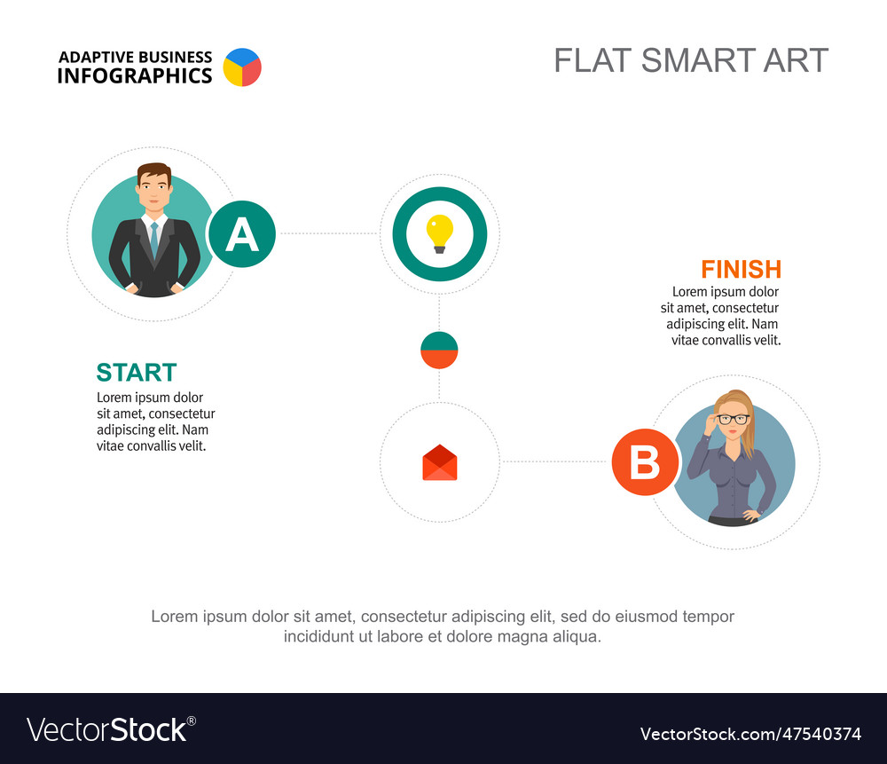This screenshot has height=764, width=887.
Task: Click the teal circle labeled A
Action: tap(241, 235)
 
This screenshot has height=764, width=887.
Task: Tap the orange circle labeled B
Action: tap(645, 462)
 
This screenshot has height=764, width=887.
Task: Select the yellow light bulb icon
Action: tap(440, 233)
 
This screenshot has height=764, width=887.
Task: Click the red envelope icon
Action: tap(440, 463)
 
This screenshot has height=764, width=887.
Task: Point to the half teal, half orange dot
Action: tap(439, 350)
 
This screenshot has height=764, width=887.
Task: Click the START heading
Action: tap(137, 373)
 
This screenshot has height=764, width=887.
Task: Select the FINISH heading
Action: tap(741, 269)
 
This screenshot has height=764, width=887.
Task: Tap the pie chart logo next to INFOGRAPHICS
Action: tap(242, 67)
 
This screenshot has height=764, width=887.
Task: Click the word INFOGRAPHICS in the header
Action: tap(135, 76)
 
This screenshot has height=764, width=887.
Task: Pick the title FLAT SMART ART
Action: tap(691, 60)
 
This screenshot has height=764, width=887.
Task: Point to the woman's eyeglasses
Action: tap(734, 419)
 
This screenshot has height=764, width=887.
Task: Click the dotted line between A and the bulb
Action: tap(327, 234)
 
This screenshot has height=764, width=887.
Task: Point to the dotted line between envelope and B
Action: tap(555, 462)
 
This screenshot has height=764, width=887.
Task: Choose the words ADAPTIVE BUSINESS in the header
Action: tap(135, 57)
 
